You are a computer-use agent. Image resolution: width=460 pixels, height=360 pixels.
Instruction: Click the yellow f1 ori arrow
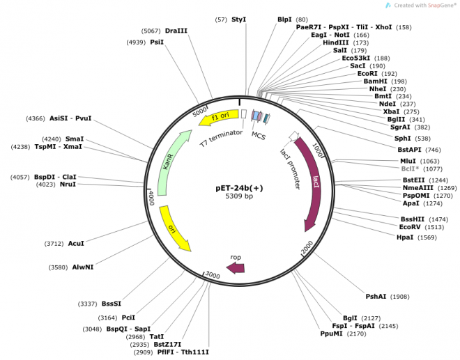pyautogui.click(x=218, y=117)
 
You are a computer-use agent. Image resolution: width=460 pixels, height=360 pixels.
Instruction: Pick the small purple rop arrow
pyautogui.click(x=236, y=267)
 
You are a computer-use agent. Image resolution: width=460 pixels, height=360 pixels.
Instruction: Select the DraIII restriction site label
pyautogui.click(x=176, y=31)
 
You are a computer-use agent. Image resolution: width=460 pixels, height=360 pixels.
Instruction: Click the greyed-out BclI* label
pyautogui.click(x=410, y=169)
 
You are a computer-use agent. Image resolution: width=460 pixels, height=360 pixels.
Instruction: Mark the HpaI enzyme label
pyautogui.click(x=405, y=237)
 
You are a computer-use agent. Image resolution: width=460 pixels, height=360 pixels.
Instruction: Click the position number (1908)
pyautogui.click(x=399, y=297)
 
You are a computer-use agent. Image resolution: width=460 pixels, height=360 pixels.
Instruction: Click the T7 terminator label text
pyautogui.click(x=222, y=137)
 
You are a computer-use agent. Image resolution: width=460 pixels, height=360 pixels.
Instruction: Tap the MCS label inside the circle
pyautogui.click(x=259, y=135)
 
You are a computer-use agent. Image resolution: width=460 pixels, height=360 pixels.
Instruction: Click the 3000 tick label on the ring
pyautogui.click(x=212, y=275)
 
